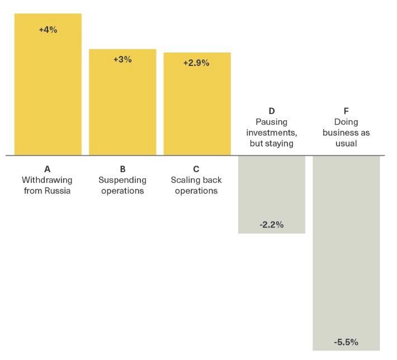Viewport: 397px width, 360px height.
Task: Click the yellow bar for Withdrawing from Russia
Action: pos(48,89)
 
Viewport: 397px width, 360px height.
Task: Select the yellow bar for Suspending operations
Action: pos(122,106)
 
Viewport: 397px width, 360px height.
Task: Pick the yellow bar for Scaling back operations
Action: pos(197,109)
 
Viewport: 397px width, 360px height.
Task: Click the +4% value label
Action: pos(48,30)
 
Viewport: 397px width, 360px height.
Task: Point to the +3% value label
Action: pos(122,59)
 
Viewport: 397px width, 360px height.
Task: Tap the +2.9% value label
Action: pos(196,63)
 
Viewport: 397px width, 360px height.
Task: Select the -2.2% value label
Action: pos(272,225)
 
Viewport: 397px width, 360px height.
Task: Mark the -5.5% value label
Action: pos(346,342)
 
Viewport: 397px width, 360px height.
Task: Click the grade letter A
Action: pos(48,169)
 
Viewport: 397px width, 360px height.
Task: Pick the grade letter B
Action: pos(122,169)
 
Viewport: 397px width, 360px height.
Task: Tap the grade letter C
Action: pos(196,169)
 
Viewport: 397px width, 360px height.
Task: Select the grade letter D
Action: pos(272,111)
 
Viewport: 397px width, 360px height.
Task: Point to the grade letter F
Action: pos(346,111)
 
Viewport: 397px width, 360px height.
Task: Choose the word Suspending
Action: pos(122,180)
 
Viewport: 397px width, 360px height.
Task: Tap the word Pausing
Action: pos(272,122)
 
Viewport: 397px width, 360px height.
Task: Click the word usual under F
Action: pos(346,144)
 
